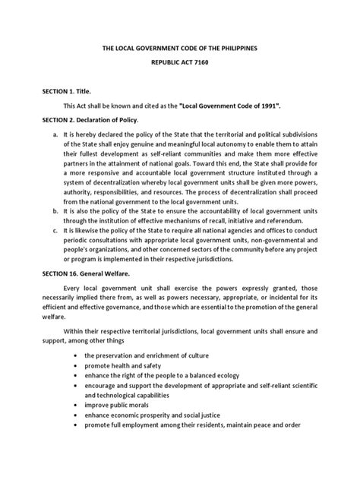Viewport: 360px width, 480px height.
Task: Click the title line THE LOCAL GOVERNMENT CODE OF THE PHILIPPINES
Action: (180, 48)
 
